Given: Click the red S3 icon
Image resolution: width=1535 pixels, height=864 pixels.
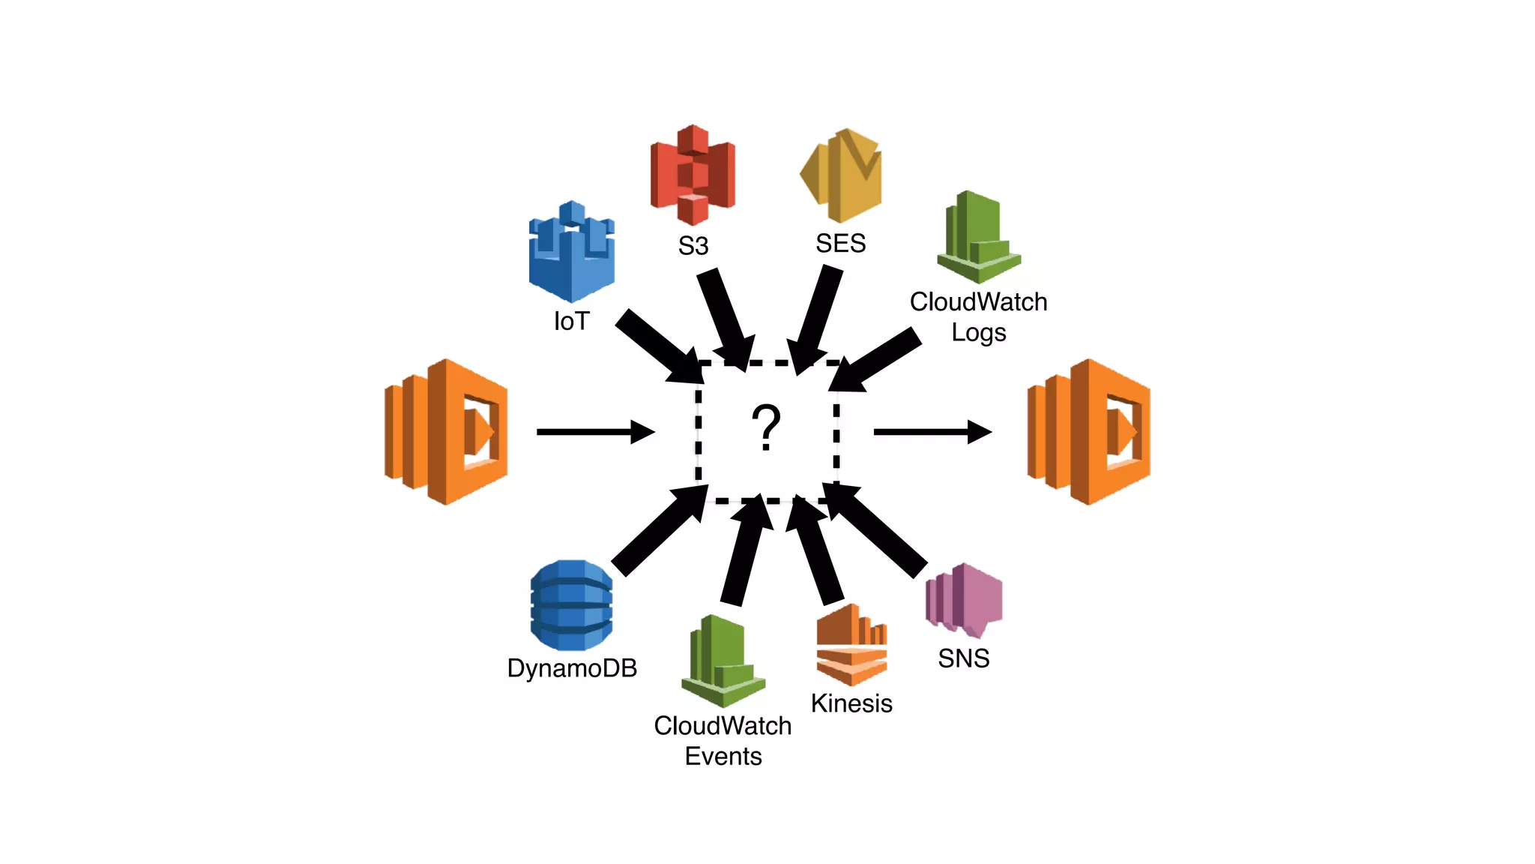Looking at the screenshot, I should click(693, 175).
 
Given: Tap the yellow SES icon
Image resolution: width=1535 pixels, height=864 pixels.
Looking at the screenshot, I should click(842, 175).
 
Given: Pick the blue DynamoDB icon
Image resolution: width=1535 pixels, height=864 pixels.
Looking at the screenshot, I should click(572, 605).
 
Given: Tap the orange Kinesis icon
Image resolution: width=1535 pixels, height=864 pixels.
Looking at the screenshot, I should click(851, 645).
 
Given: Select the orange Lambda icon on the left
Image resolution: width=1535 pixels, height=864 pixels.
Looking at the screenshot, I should click(447, 432).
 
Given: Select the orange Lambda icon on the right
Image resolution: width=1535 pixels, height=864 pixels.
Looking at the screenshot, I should click(1088, 432).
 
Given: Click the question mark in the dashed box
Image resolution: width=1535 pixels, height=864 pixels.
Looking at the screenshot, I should click(766, 427).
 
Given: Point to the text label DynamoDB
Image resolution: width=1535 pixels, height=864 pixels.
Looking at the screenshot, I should click(572, 668).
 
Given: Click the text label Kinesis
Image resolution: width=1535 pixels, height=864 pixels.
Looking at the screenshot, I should click(851, 703).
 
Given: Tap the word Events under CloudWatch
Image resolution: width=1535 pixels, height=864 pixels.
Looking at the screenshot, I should click(723, 756).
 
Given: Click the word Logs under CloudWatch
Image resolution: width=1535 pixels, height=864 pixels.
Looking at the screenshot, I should click(978, 332).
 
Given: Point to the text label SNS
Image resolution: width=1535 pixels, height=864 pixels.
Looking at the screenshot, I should click(964, 658).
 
